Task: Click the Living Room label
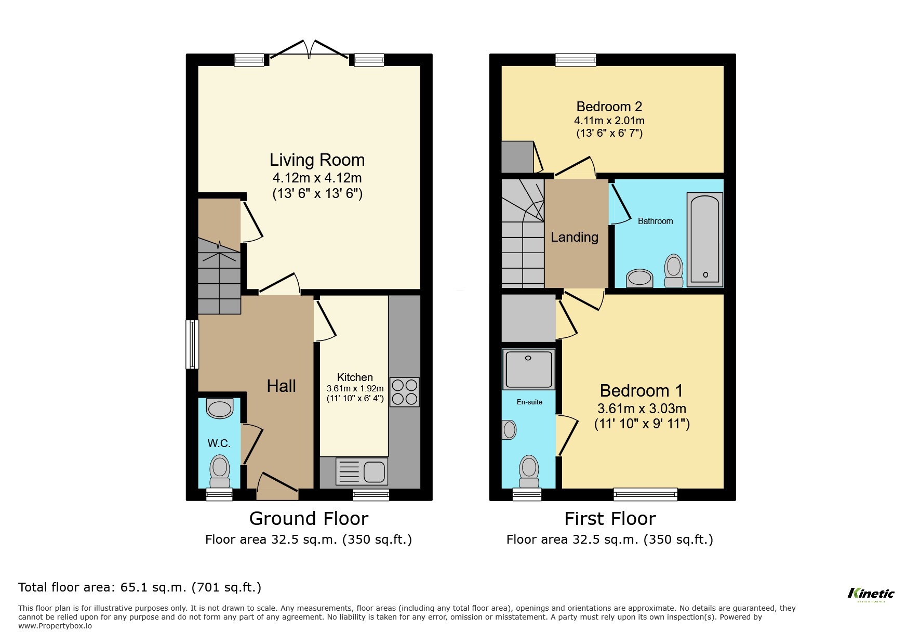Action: [317, 160]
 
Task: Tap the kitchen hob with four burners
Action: [404, 392]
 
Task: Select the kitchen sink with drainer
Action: [362, 471]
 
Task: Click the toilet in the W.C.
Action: [219, 470]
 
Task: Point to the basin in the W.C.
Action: [220, 409]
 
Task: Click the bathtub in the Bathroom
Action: [704, 240]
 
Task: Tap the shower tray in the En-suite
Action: [528, 369]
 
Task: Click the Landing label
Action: [575, 237]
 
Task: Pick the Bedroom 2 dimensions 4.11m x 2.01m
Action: [609, 121]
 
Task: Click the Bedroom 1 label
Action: [641, 390]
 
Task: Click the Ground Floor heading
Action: [309, 518]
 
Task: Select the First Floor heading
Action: [610, 518]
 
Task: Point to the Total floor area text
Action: [140, 587]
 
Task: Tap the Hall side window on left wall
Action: [192, 344]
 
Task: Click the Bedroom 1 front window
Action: [645, 494]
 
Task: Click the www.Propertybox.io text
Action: [55, 626]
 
